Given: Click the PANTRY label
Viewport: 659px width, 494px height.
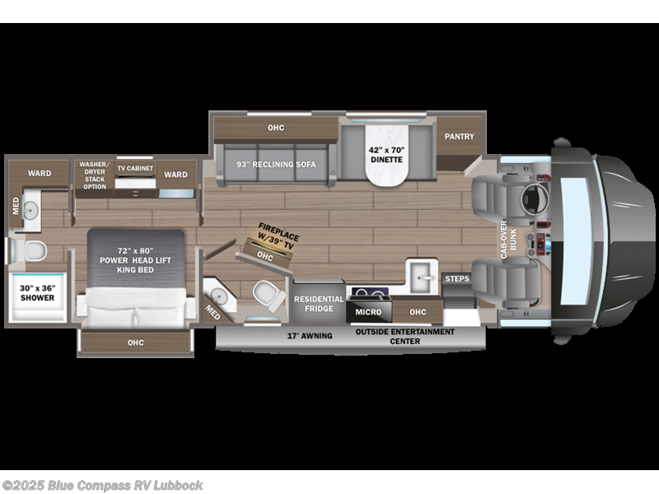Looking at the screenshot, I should coord(460,136).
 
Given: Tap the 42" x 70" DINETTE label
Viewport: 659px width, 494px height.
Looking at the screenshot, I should coord(386,155).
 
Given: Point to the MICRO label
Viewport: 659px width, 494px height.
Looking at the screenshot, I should coord(368,313).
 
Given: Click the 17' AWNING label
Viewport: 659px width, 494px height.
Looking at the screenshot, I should coord(310,336).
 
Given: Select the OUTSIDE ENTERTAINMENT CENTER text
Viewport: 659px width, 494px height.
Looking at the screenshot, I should coord(404,336).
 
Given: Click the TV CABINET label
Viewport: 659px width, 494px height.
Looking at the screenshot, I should coord(134,168).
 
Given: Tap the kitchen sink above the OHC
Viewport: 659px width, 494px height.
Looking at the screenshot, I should coord(418,276).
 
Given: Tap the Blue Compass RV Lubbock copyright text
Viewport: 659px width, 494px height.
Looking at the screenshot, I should coord(103,486).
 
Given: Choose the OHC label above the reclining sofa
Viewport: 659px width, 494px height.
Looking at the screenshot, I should coord(275,128).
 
